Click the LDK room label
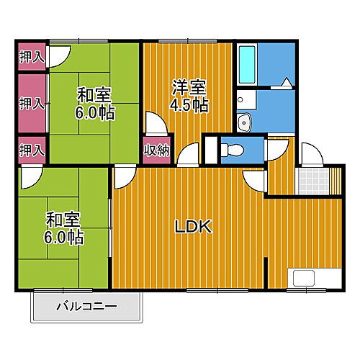click(x=193, y=227)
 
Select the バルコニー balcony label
click(x=86, y=307)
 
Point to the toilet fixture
click(x=232, y=150)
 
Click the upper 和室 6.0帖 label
click(x=94, y=103)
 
